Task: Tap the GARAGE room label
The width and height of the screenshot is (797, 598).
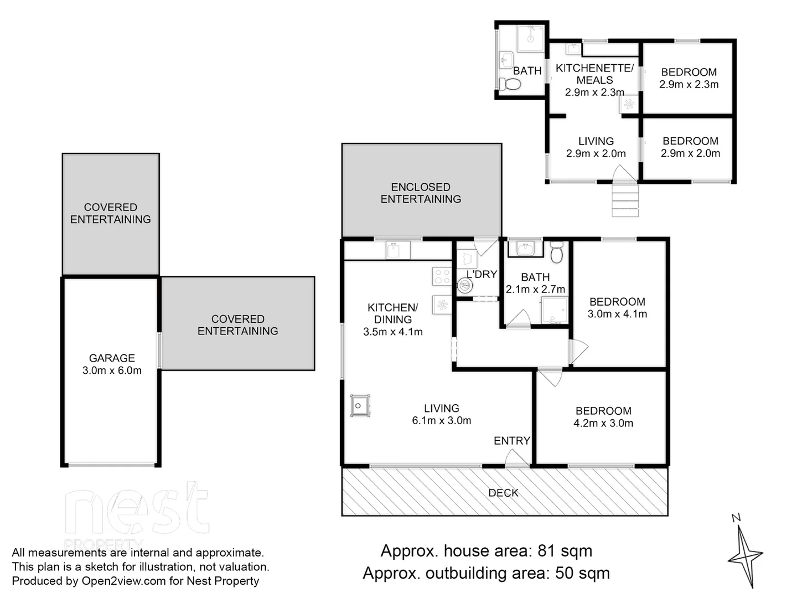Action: pos(112,358)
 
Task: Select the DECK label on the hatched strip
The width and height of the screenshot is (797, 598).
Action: pos(503,493)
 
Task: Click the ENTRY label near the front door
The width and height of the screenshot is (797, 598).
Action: pos(511,441)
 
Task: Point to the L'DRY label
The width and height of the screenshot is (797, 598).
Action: pos(482,275)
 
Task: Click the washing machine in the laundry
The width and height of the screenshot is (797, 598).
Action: pos(465,286)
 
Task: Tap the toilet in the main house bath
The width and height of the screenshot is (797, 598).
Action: pos(556,253)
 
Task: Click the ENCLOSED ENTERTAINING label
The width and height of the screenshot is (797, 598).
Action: pos(421,193)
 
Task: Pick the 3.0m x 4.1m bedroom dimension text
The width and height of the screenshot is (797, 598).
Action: pos(617,314)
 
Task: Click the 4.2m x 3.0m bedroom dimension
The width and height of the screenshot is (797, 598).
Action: pos(603,423)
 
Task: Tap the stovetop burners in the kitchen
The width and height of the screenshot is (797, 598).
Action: pos(442,276)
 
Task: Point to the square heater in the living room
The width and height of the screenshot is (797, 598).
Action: pos(359,406)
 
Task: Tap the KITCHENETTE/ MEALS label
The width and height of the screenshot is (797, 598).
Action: pos(594,74)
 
